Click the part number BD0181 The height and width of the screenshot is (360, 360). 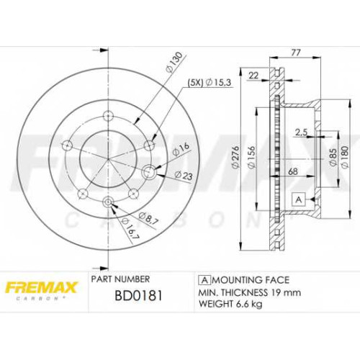139,295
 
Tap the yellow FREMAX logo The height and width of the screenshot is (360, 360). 41,287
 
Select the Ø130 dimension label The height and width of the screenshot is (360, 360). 176,62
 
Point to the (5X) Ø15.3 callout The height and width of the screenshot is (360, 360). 209,83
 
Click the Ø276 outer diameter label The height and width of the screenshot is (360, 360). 235,157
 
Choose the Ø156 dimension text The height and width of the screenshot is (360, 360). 251,157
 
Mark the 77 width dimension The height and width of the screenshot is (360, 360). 295,53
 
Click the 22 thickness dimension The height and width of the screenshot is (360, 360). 253,76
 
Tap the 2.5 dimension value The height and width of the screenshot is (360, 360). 301,132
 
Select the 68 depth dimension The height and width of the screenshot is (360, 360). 293,171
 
